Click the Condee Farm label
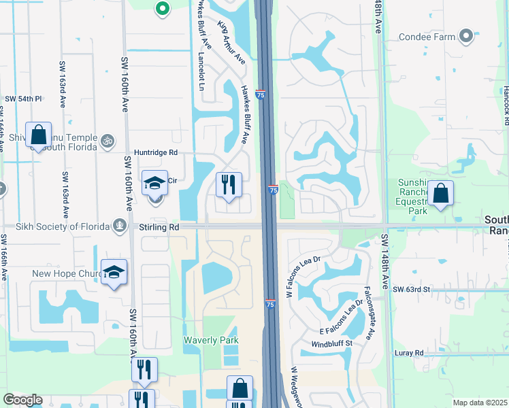pos(426,37)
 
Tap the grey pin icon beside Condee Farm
pos(466,36)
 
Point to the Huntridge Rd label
pos(156,153)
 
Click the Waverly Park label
pos(212,339)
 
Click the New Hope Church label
pos(66,273)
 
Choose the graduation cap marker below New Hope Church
pos(114,272)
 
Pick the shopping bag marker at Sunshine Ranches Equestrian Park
pos(441,194)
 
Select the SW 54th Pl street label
pos(24,99)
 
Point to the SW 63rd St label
pos(412,290)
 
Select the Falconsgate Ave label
pos(372,313)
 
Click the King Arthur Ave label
pos(231,43)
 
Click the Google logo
pos(23,400)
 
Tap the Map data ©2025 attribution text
pos(480,403)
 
